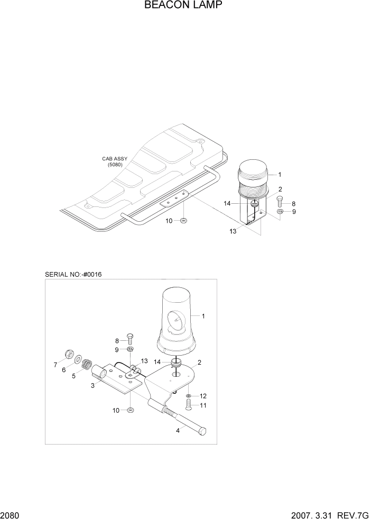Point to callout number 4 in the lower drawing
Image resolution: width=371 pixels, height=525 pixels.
[x=177, y=430]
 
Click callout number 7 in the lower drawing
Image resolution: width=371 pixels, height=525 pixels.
[x=55, y=365]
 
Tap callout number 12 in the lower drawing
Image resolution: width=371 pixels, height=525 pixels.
[x=203, y=396]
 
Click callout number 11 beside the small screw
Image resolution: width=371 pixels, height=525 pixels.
[x=203, y=405]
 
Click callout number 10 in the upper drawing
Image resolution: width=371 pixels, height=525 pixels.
[x=169, y=220]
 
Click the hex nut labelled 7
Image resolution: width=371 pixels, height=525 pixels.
[x=68, y=353]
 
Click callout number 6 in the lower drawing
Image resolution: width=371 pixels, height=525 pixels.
[x=64, y=370]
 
